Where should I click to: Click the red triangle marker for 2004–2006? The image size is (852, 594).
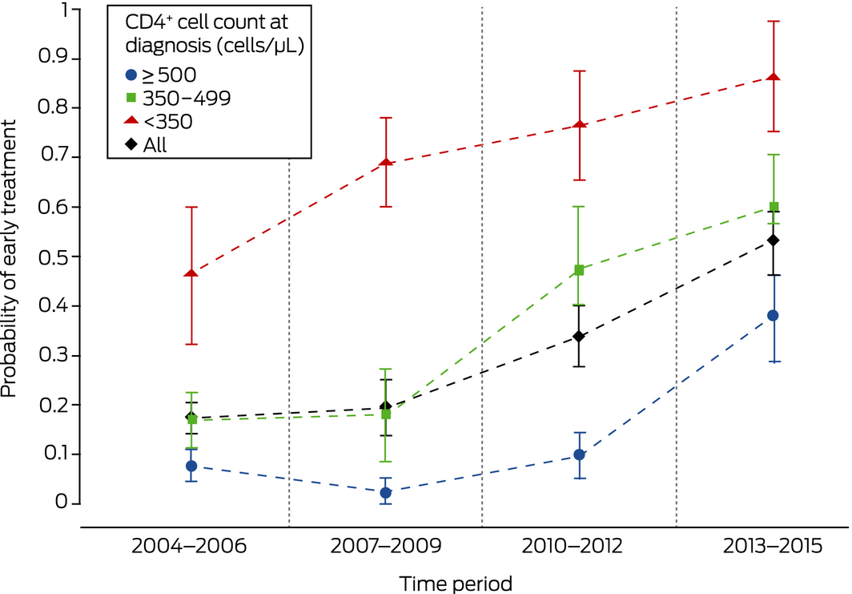(x=192, y=274)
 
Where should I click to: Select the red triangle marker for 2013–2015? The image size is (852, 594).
(x=774, y=77)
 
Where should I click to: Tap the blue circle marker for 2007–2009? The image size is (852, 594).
(x=386, y=492)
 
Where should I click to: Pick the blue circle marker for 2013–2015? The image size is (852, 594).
(x=774, y=315)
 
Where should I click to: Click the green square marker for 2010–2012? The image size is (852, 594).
(x=580, y=270)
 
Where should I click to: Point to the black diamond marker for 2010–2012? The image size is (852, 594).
(x=580, y=337)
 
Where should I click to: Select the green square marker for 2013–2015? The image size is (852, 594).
(x=774, y=207)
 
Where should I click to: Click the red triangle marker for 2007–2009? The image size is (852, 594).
(x=386, y=163)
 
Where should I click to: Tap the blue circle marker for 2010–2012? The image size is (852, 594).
(x=580, y=455)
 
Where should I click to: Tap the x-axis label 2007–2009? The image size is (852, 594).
(x=385, y=548)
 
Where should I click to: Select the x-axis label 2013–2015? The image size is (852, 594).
(x=773, y=548)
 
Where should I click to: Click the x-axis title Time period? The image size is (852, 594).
(x=456, y=582)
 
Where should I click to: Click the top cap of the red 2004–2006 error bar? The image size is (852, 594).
(x=192, y=207)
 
